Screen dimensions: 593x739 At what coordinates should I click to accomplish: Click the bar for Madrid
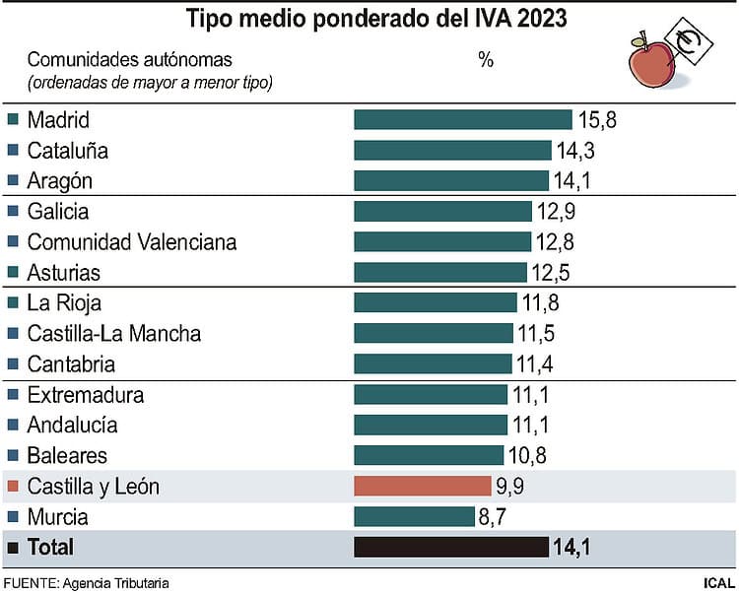click(463, 120)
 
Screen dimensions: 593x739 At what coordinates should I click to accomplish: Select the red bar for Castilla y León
click(423, 486)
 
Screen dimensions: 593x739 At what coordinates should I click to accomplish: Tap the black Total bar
click(451, 547)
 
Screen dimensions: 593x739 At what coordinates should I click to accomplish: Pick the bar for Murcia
click(413, 516)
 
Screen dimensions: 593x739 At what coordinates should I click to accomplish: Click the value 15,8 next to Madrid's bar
click(597, 120)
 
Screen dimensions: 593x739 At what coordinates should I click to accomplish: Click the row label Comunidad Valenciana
click(132, 241)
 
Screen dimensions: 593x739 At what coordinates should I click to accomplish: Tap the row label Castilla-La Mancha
click(114, 333)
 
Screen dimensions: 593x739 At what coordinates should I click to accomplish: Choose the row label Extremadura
click(86, 395)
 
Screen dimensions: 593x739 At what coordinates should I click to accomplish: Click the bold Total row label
click(51, 547)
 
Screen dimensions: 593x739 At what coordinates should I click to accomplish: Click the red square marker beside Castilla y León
click(13, 487)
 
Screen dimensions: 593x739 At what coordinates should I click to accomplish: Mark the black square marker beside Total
click(13, 547)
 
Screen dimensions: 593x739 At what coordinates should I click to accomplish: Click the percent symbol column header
click(485, 60)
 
